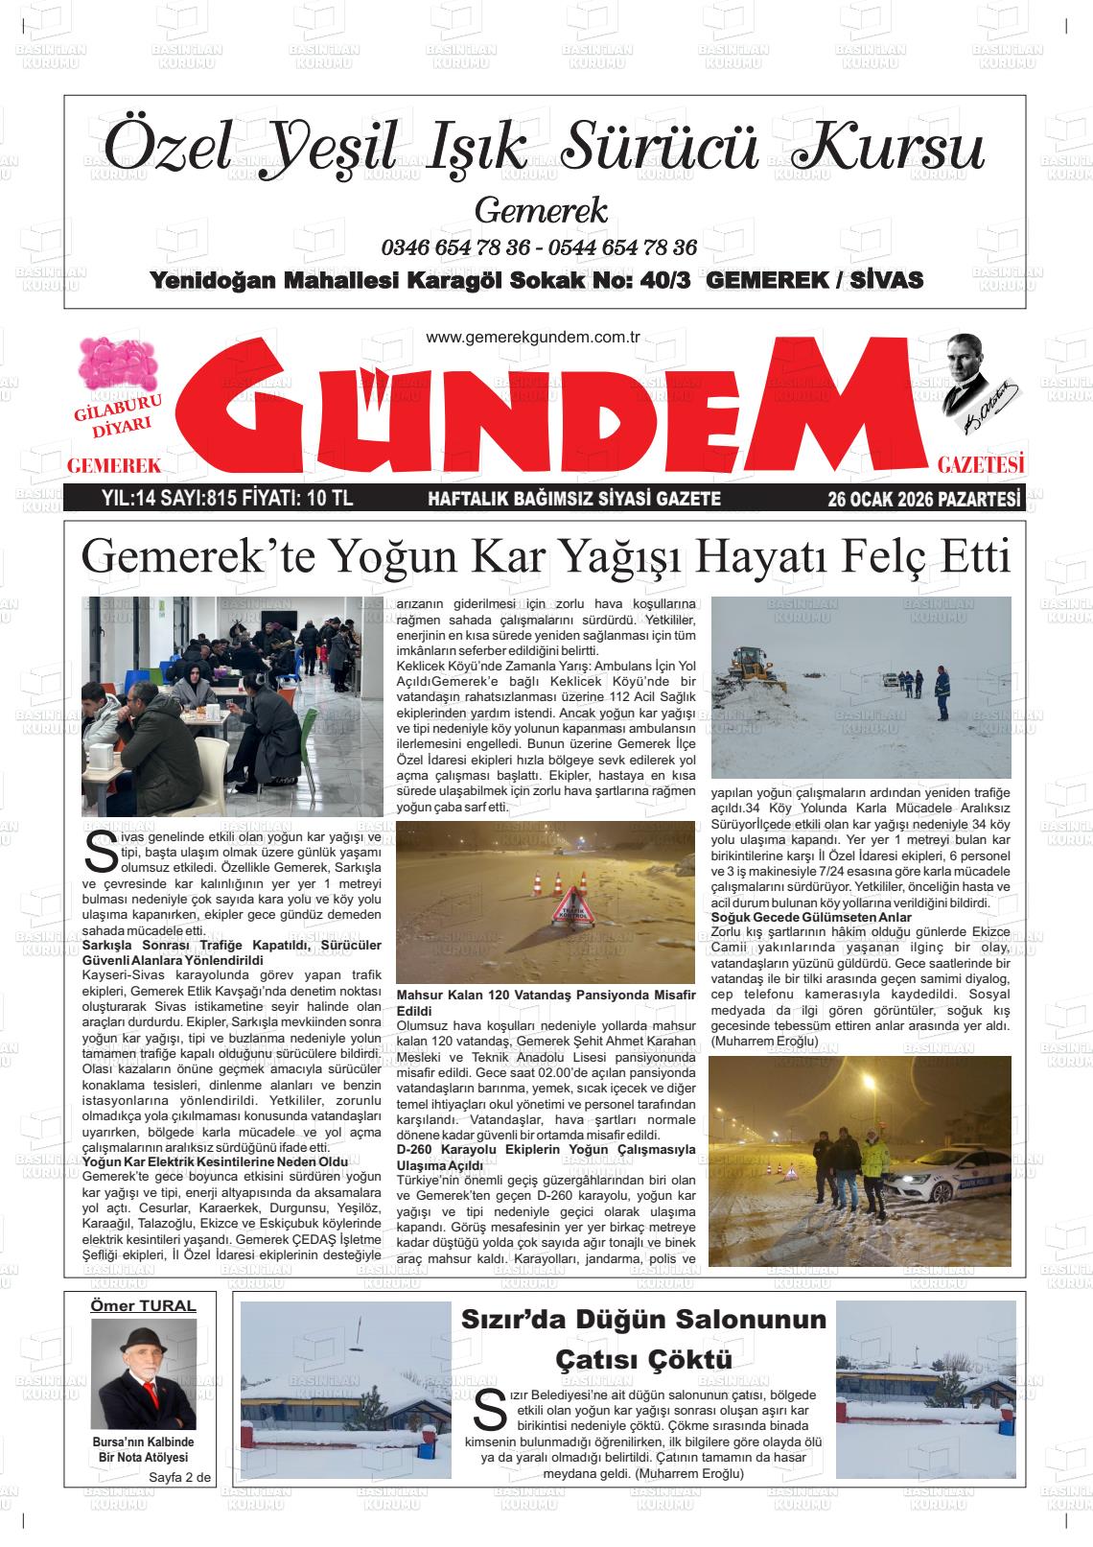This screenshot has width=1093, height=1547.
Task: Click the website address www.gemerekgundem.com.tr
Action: (532, 338)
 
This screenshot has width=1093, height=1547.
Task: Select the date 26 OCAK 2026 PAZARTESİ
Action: (925, 499)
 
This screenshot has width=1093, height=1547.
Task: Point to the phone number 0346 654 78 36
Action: (455, 247)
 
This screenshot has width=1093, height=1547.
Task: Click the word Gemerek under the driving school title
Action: (541, 209)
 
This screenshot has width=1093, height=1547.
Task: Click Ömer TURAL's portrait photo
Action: (143, 1373)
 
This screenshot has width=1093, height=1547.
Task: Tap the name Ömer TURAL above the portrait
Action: (143, 1305)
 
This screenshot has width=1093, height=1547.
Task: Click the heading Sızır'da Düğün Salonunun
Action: (643, 1320)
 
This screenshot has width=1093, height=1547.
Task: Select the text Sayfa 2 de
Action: (178, 1477)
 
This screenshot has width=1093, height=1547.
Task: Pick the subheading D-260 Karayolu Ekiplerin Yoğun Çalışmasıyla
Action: (546, 1149)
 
